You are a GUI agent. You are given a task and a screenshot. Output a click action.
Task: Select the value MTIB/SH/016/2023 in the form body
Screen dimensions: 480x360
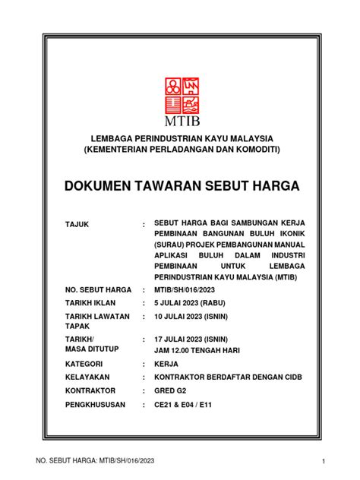190,290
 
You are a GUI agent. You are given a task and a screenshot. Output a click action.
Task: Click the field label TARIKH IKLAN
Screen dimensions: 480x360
91,304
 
